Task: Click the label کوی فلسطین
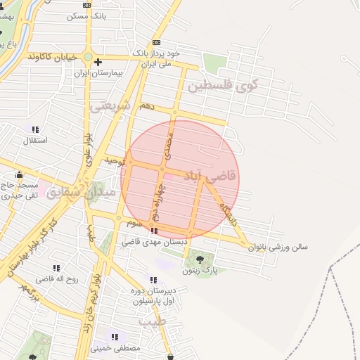coord(223,86)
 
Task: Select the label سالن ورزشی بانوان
coord(295,247)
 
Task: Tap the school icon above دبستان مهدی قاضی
coord(154,231)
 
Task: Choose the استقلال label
coord(35,140)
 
